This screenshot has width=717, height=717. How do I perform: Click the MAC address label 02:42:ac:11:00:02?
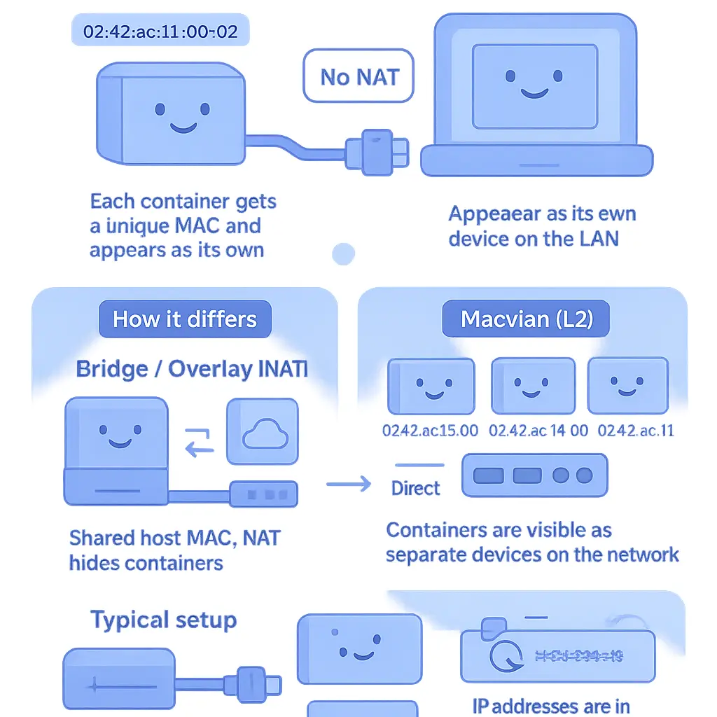pyautogui.click(x=160, y=32)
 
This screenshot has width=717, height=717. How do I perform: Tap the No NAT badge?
pyautogui.click(x=358, y=76)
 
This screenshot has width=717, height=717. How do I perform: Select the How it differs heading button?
pyautogui.click(x=185, y=319)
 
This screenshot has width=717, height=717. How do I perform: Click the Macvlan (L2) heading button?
pyautogui.click(x=527, y=319)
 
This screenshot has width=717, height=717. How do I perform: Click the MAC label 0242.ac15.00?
pyautogui.click(x=431, y=430)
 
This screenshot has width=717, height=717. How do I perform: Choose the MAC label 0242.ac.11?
pyautogui.click(x=636, y=430)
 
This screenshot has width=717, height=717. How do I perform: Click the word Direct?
pyautogui.click(x=416, y=488)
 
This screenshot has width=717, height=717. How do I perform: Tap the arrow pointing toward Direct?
pyautogui.click(x=348, y=483)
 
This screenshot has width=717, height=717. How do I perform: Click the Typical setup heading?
pyautogui.click(x=164, y=620)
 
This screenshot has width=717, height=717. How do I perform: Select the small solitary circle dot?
pyautogui.click(x=343, y=253)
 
